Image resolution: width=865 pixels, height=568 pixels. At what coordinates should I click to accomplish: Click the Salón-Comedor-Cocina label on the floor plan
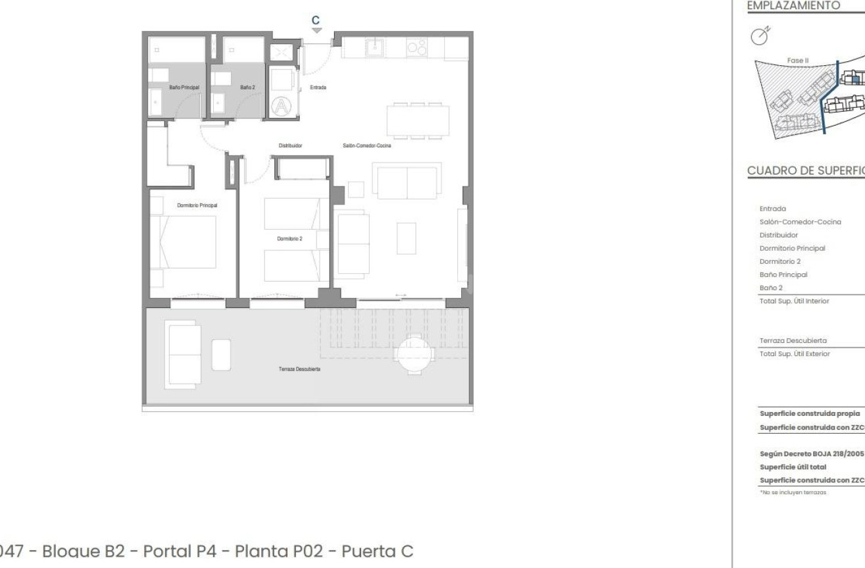click(x=367, y=145)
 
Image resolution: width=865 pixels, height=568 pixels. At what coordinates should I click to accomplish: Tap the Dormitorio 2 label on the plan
click(x=290, y=238)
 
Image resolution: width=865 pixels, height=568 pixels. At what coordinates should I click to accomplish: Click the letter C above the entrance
click(x=316, y=20)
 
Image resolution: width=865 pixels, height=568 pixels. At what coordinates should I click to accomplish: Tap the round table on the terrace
click(x=413, y=355)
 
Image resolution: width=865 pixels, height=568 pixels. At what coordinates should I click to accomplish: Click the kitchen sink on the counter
click(x=376, y=47)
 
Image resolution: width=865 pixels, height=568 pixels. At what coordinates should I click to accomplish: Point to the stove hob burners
click(x=416, y=47)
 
